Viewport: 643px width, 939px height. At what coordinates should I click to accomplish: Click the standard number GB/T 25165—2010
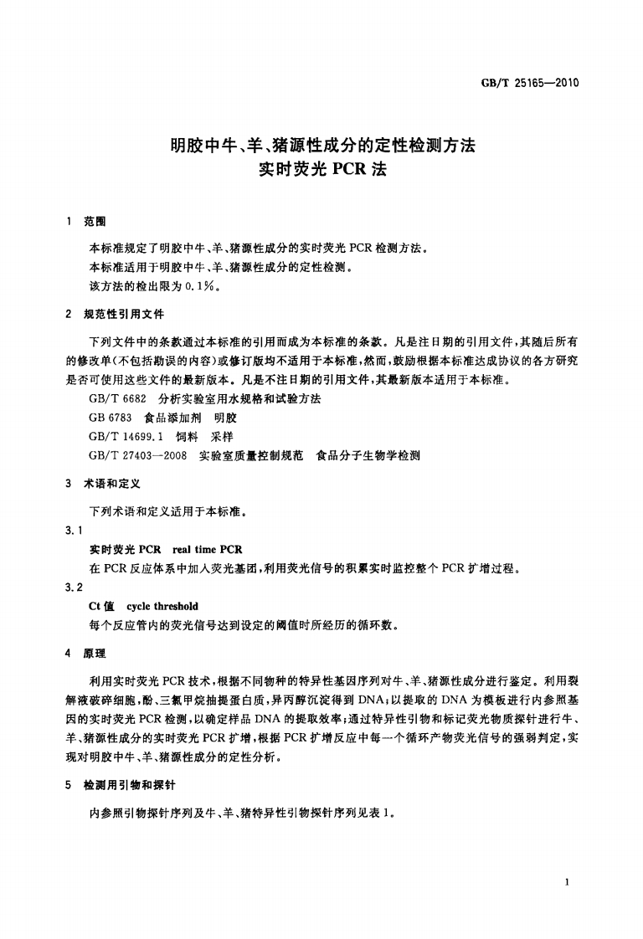click(x=531, y=83)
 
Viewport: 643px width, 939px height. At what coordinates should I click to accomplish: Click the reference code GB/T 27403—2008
click(x=137, y=456)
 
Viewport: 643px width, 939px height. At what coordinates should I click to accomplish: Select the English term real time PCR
click(x=207, y=550)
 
